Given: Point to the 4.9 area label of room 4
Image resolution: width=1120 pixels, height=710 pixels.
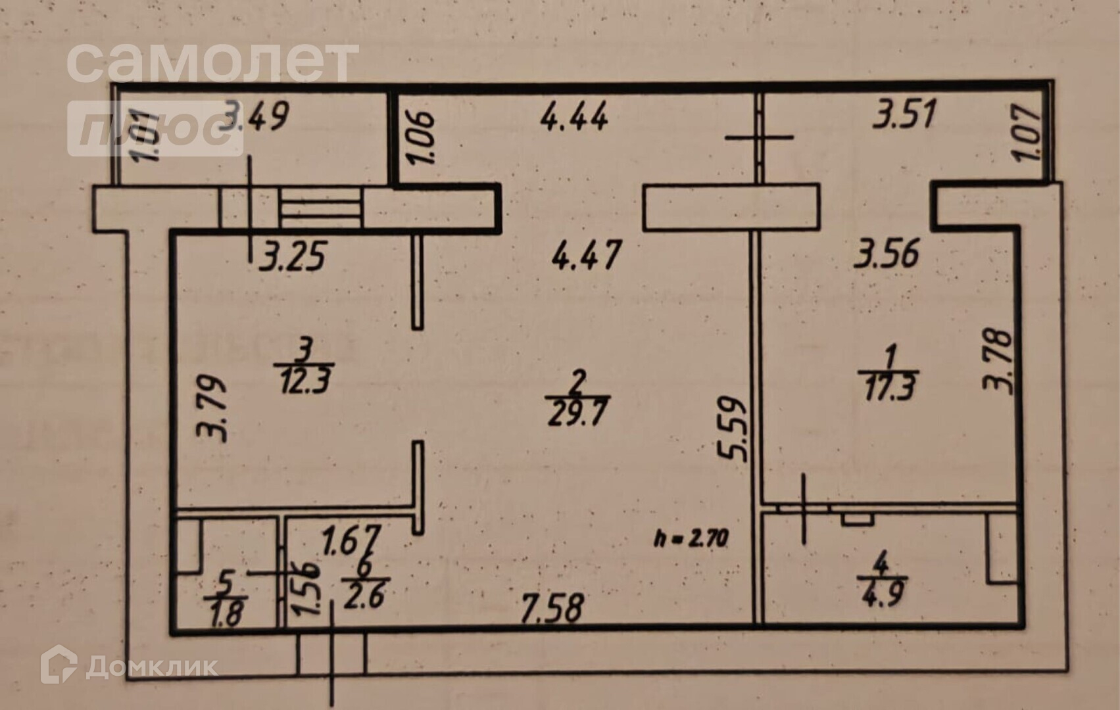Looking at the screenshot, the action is tap(883, 594).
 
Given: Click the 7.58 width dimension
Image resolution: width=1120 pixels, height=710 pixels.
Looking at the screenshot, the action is tap(551, 608).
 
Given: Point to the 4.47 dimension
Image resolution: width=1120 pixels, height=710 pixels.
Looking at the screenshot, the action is tap(586, 254).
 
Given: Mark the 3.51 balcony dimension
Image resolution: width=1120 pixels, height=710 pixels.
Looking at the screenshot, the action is tap(904, 114).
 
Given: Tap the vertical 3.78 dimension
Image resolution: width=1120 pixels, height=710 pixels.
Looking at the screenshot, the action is tap(998, 360).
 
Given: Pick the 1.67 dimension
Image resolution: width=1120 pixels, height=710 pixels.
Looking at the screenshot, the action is tap(352, 540).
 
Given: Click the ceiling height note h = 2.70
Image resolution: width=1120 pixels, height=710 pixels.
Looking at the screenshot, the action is tap(691, 539).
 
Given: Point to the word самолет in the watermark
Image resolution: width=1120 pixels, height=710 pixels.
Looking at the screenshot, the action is tap(212, 62).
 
